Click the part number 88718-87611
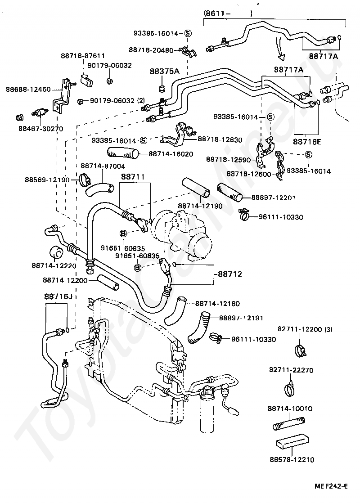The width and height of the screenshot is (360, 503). [x=83, y=56]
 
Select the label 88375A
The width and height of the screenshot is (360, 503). [x=164, y=72]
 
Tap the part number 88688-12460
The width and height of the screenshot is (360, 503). [x=28, y=89]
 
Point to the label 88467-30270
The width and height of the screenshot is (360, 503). [x=40, y=129]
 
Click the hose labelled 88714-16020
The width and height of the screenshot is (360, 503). [x=121, y=154]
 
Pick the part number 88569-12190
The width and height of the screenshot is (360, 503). [x=47, y=180]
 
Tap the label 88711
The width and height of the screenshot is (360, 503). [x=132, y=177]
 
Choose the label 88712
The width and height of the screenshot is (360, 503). [x=230, y=274]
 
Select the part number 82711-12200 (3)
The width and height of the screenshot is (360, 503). [x=307, y=330]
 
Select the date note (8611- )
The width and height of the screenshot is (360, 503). [x=227, y=13]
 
